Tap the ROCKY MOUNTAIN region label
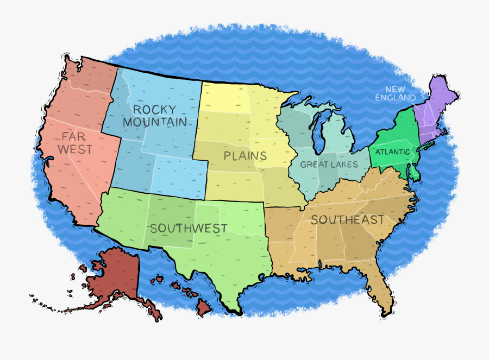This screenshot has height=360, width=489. [x=155, y=115]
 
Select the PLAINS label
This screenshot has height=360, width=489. [x=245, y=156]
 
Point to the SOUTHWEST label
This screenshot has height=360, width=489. [x=189, y=229]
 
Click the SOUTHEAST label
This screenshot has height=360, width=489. [x=348, y=220]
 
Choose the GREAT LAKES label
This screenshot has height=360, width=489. [x=329, y=165]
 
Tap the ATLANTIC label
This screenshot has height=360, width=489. [x=392, y=152]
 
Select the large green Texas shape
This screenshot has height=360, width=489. [x=228, y=261]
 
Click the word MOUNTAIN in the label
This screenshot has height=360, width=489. [x=155, y=122]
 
